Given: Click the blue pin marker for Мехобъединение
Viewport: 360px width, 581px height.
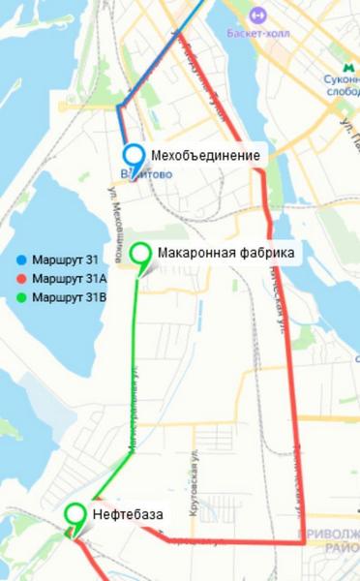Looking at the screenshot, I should coord(133,156).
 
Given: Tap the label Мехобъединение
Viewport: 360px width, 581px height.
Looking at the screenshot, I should coord(204,156).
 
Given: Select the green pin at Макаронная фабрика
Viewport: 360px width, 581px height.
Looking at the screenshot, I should coord(140,254).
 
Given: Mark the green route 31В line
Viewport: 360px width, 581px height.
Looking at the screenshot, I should coord(133,368).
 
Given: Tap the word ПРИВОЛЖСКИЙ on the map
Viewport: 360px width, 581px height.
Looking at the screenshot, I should coord(329,533).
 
